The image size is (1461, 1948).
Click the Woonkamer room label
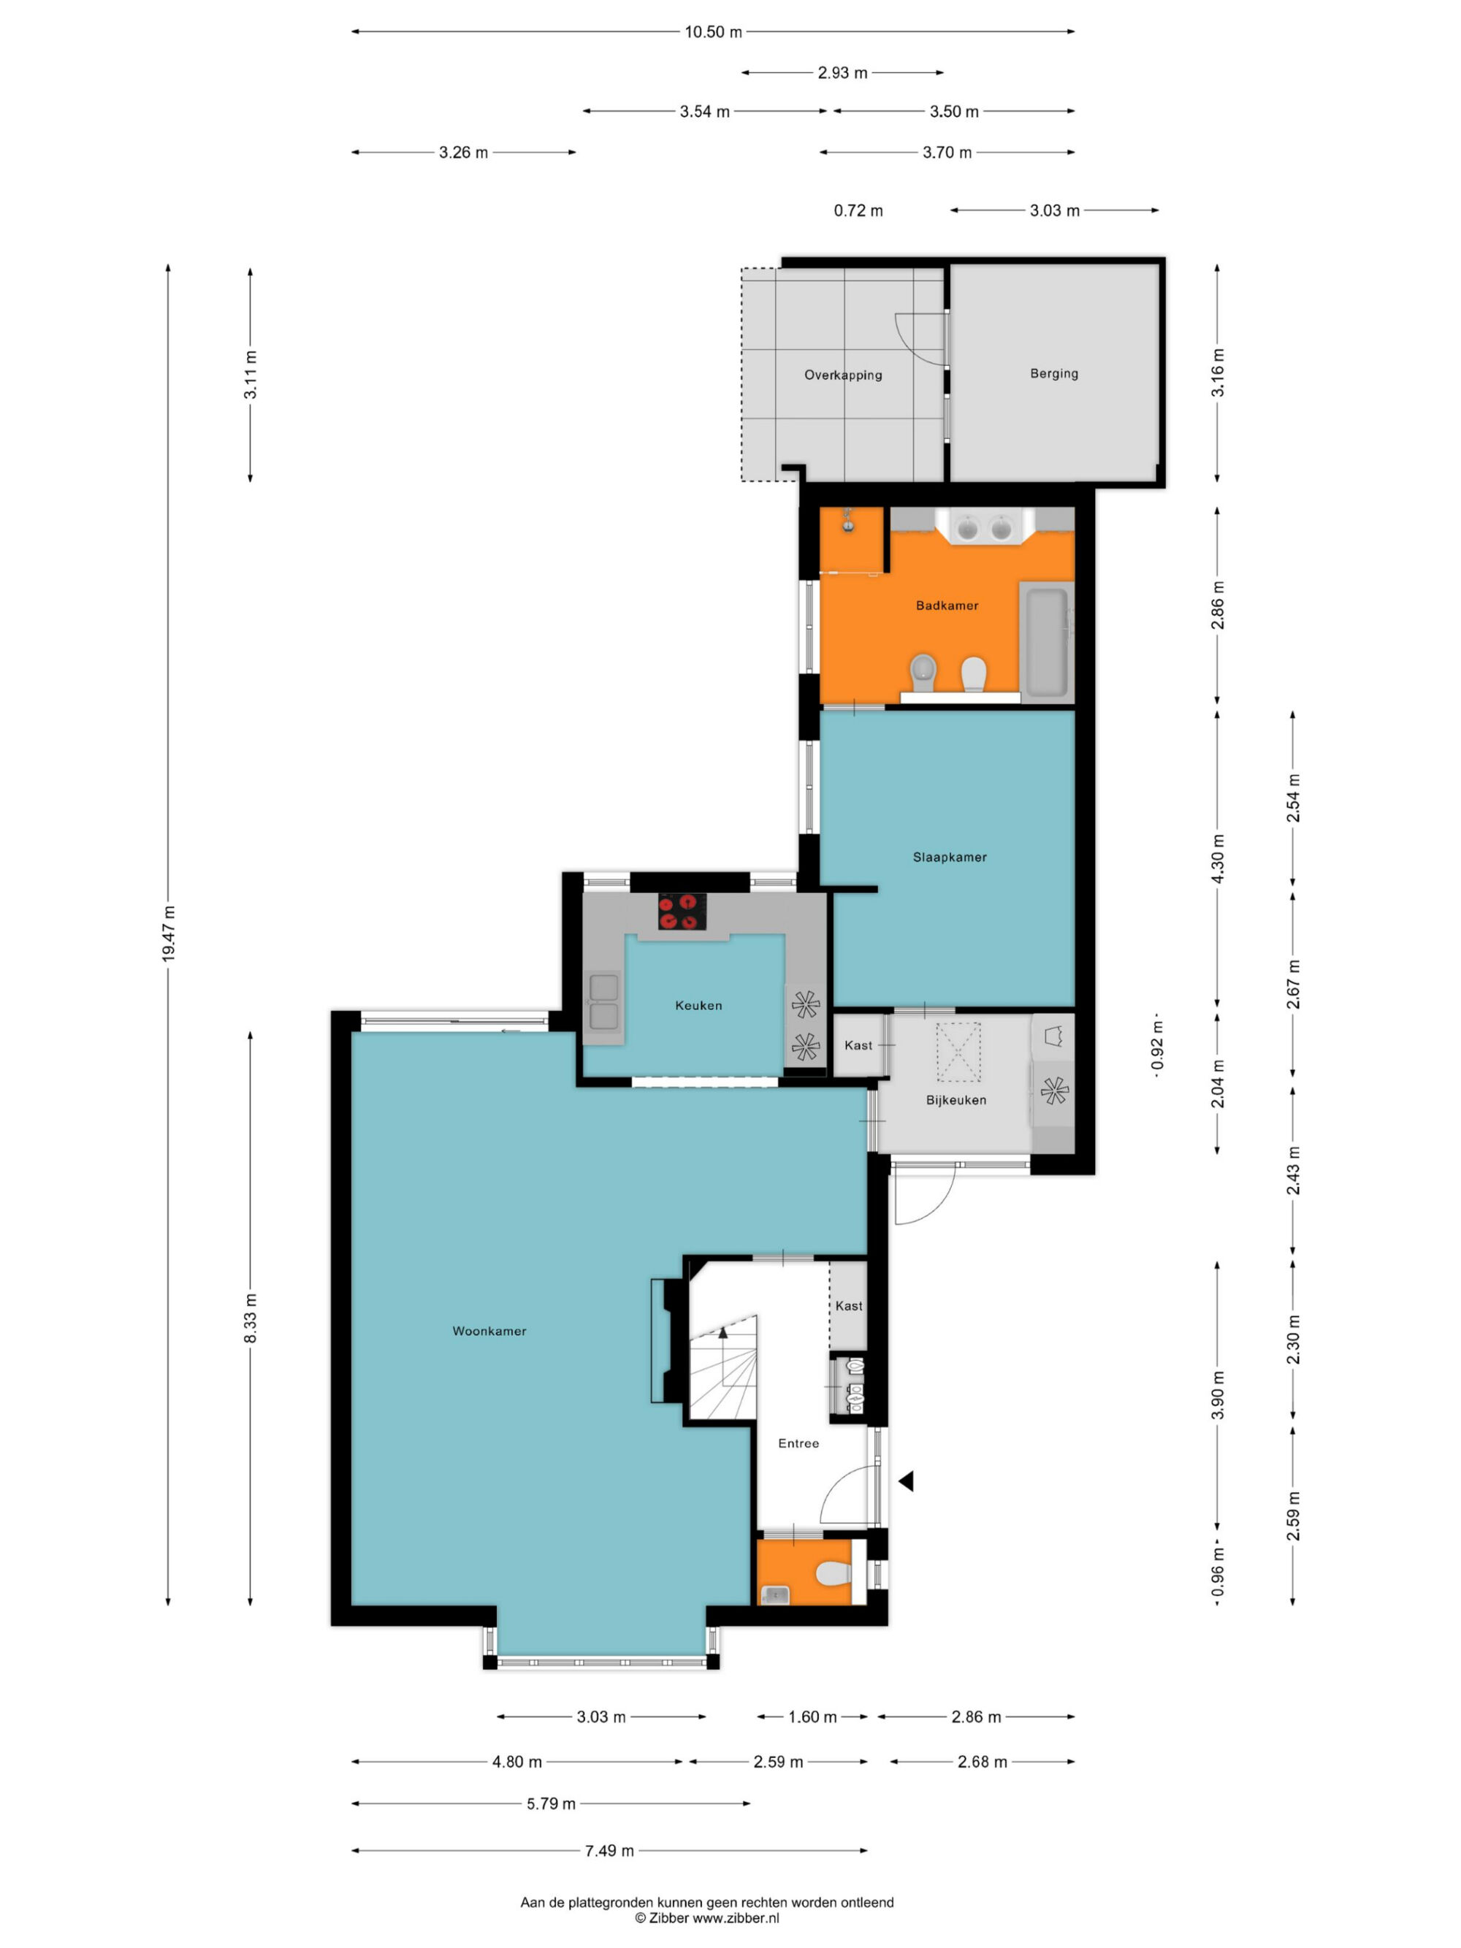[489, 1331]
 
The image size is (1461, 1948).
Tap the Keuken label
[698, 1005]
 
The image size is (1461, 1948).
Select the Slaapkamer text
[950, 857]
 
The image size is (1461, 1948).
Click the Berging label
[1054, 373]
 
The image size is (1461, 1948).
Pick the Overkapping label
[843, 375]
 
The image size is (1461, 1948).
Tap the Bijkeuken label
[955, 1100]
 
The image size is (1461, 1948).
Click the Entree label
[798, 1443]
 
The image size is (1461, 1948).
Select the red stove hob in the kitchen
[682, 912]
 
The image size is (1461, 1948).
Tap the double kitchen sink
[604, 1002]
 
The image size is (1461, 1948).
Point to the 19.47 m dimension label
[169, 933]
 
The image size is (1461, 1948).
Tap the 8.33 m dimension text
[251, 1318]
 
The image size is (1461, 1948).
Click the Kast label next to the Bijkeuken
[858, 1045]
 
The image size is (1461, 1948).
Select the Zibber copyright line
[707, 1917]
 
